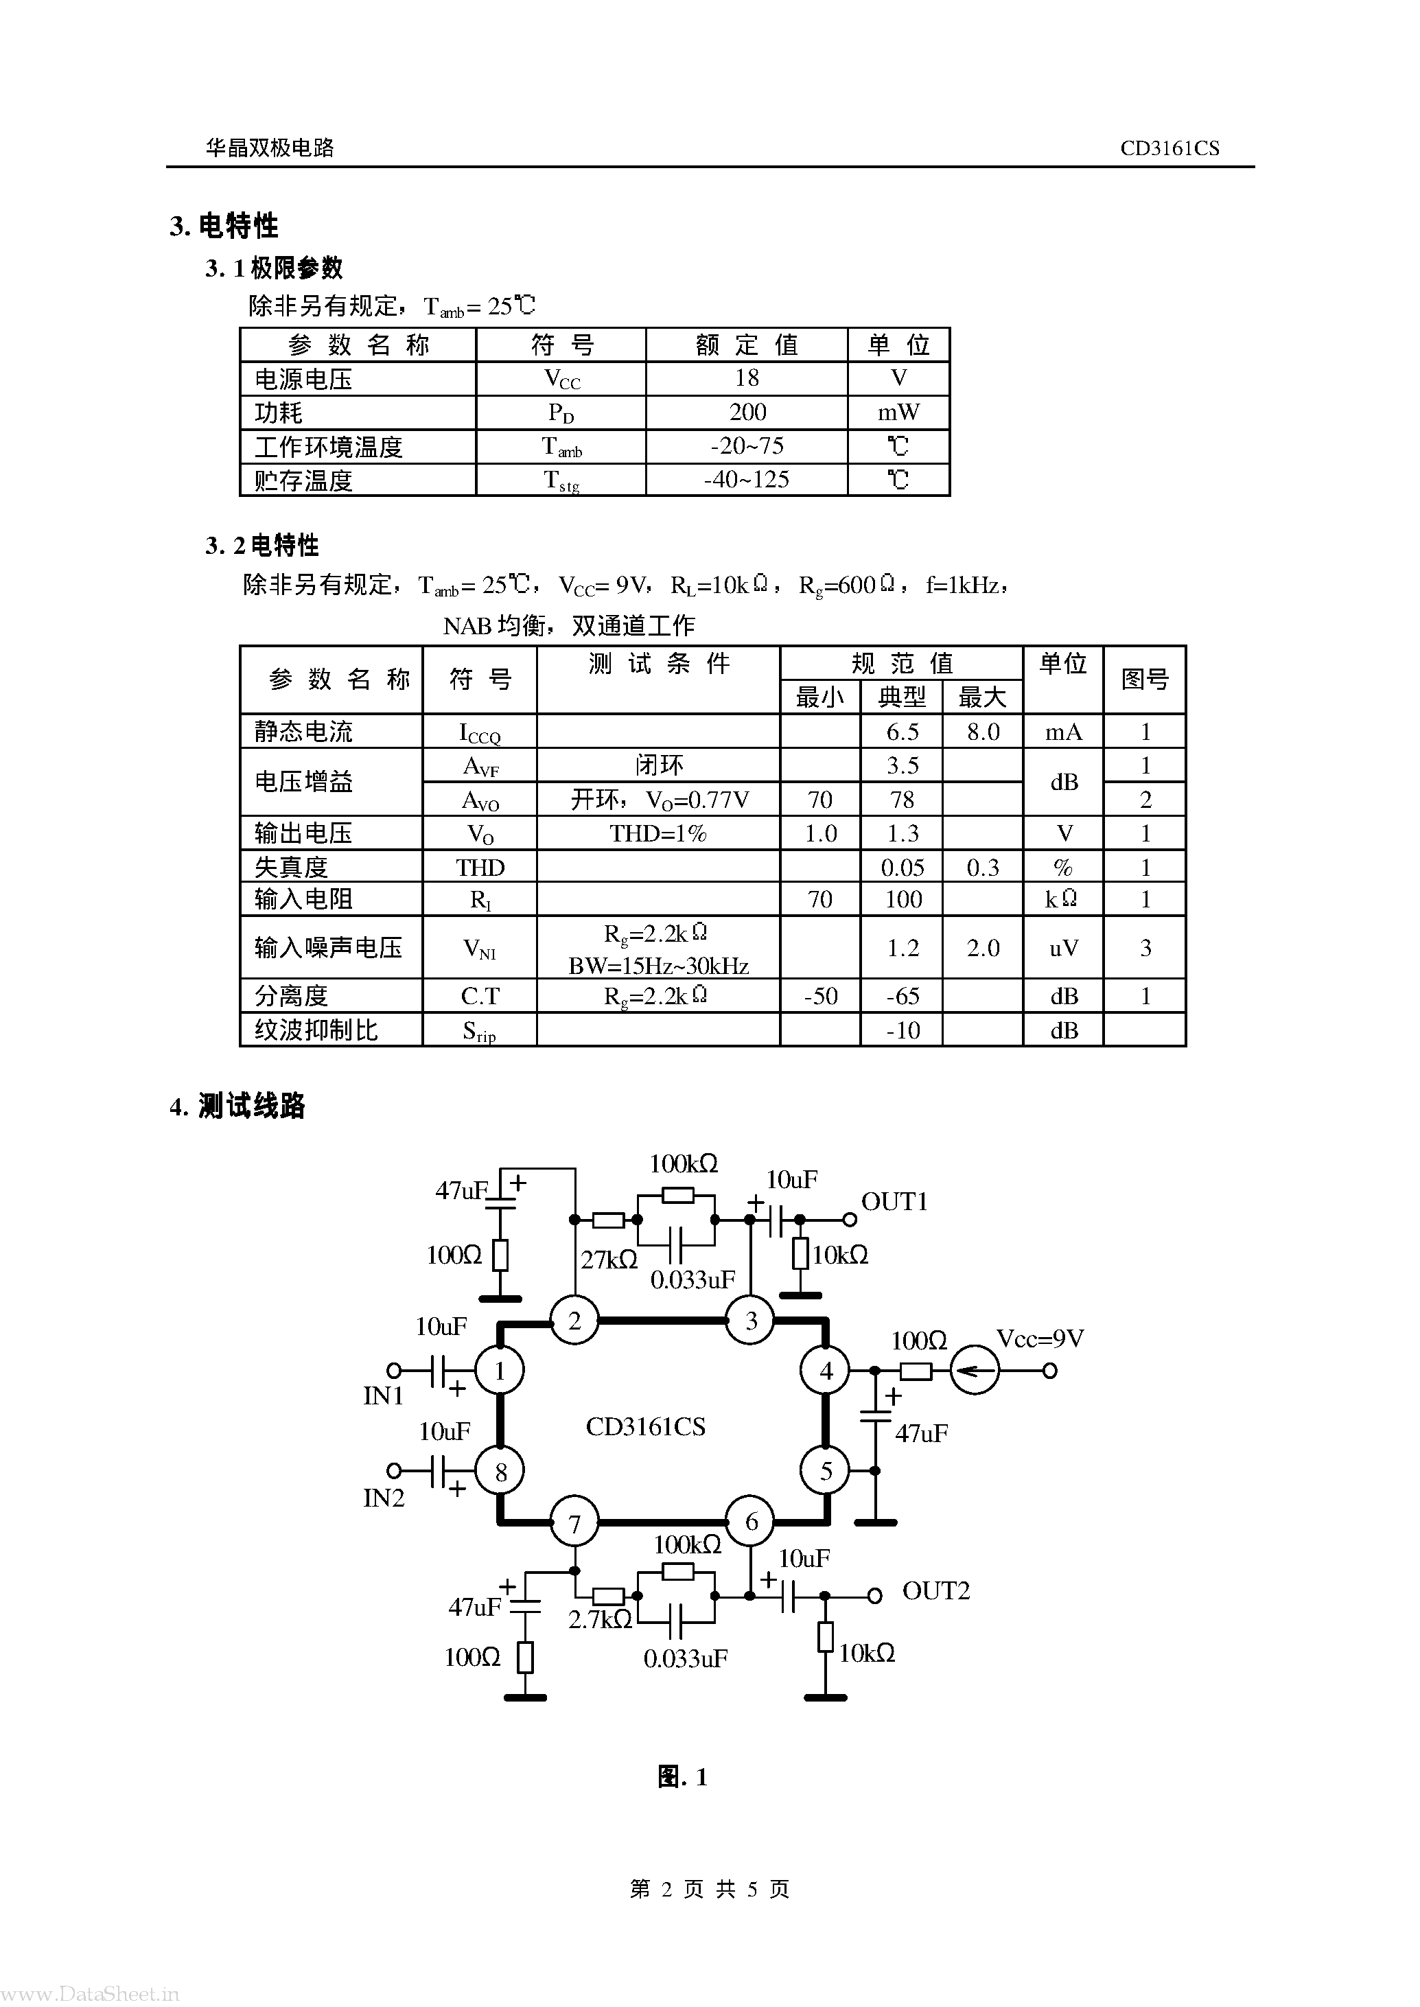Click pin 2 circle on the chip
(x=574, y=1321)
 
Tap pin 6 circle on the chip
(x=751, y=1522)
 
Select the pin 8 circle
(x=500, y=1472)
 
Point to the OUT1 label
(x=894, y=1202)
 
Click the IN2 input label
(x=384, y=1498)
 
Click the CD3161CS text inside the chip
(x=645, y=1426)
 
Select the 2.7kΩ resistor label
(x=600, y=1620)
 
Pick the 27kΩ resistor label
(x=609, y=1260)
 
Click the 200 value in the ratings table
(x=747, y=412)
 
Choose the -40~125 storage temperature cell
(x=747, y=479)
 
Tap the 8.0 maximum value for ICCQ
(x=983, y=731)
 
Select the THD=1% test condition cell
(x=657, y=833)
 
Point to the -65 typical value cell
(x=902, y=995)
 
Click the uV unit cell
(x=1063, y=948)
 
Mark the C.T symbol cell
(x=480, y=995)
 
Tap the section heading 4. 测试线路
(x=238, y=1106)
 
